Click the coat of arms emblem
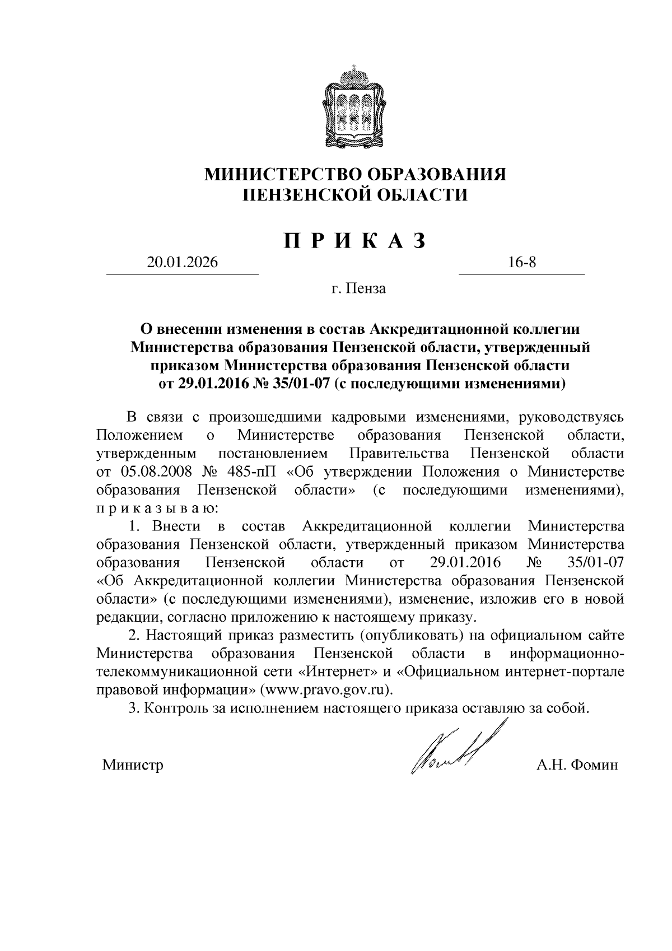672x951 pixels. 354,108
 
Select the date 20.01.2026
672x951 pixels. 181,262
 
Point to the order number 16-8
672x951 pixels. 522,262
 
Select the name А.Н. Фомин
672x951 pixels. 577,765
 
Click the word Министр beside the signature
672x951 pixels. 133,765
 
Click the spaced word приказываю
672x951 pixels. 152,509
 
